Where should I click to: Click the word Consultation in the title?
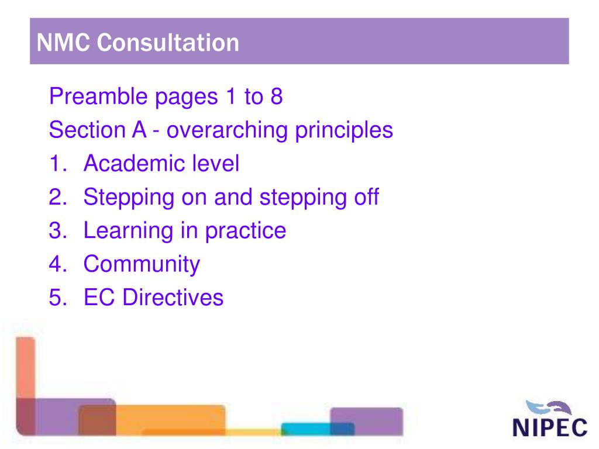pyautogui.click(x=168, y=42)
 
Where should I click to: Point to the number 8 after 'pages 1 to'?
pyautogui.click(x=276, y=96)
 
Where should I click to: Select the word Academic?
pyautogui.click(x=134, y=164)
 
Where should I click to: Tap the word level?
pyautogui.click(x=216, y=164)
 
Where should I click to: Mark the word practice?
pyautogui.click(x=245, y=230)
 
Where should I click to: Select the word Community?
pyautogui.click(x=142, y=264)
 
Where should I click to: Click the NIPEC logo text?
pyautogui.click(x=550, y=427)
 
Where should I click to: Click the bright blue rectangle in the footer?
pyautogui.click(x=310, y=429)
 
